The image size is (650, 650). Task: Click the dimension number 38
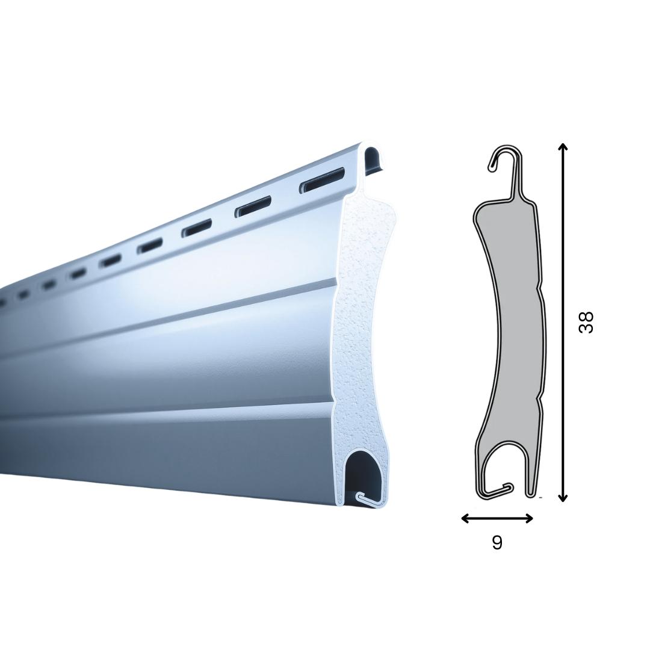(x=586, y=322)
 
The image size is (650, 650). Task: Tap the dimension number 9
(x=497, y=542)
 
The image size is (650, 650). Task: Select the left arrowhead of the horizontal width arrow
(x=465, y=518)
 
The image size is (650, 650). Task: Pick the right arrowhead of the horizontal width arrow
(x=529, y=518)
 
